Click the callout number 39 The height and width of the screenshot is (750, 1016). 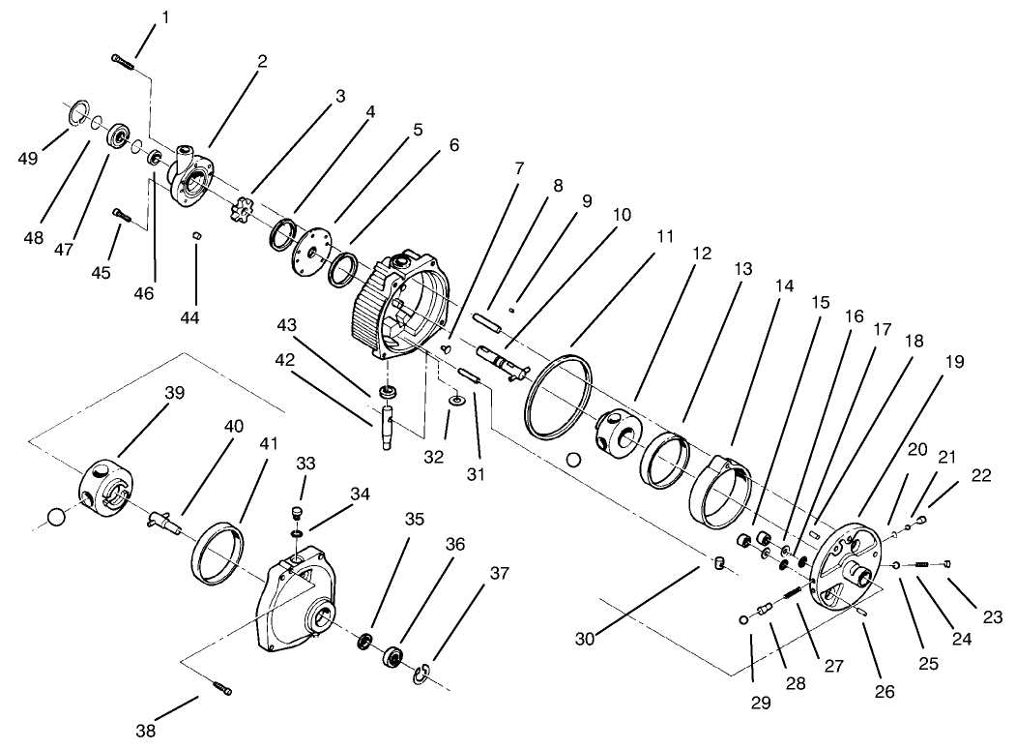point(175,392)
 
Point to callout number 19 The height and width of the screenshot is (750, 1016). point(956,362)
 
